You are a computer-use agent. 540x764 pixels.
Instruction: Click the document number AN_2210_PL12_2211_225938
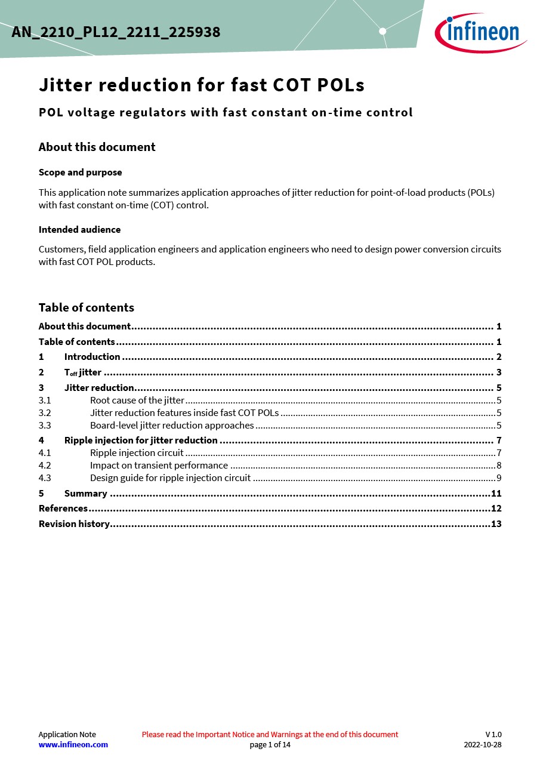coord(116,32)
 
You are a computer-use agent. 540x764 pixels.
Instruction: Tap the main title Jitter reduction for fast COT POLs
coord(202,85)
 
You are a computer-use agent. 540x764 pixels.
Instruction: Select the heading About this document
coord(97,147)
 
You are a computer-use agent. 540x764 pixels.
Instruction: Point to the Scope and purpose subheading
coord(80,172)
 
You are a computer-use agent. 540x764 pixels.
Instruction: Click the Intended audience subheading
coord(79,229)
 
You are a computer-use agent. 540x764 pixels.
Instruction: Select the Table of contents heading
coord(86,307)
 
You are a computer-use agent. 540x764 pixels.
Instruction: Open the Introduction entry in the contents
coord(92,357)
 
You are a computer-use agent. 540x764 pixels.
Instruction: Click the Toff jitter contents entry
coord(82,372)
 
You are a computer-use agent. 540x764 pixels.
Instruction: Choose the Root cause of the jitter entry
coord(137,401)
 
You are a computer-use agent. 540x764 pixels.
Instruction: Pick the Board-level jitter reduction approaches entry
coord(172,426)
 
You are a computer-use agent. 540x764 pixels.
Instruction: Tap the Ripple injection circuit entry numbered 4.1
coord(137,453)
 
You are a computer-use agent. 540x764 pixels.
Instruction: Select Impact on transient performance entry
coord(159,466)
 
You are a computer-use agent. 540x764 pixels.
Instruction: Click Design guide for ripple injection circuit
coord(170,478)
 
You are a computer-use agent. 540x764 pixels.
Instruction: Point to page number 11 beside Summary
coord(496,494)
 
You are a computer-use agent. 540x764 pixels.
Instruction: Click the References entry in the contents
coord(63,509)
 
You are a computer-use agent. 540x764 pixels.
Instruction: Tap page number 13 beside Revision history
coord(496,524)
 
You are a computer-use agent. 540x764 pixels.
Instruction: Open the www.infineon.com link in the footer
coord(73,744)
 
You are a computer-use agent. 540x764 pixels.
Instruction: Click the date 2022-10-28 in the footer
coord(483,744)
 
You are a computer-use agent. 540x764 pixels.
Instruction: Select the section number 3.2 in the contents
coord(45,413)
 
